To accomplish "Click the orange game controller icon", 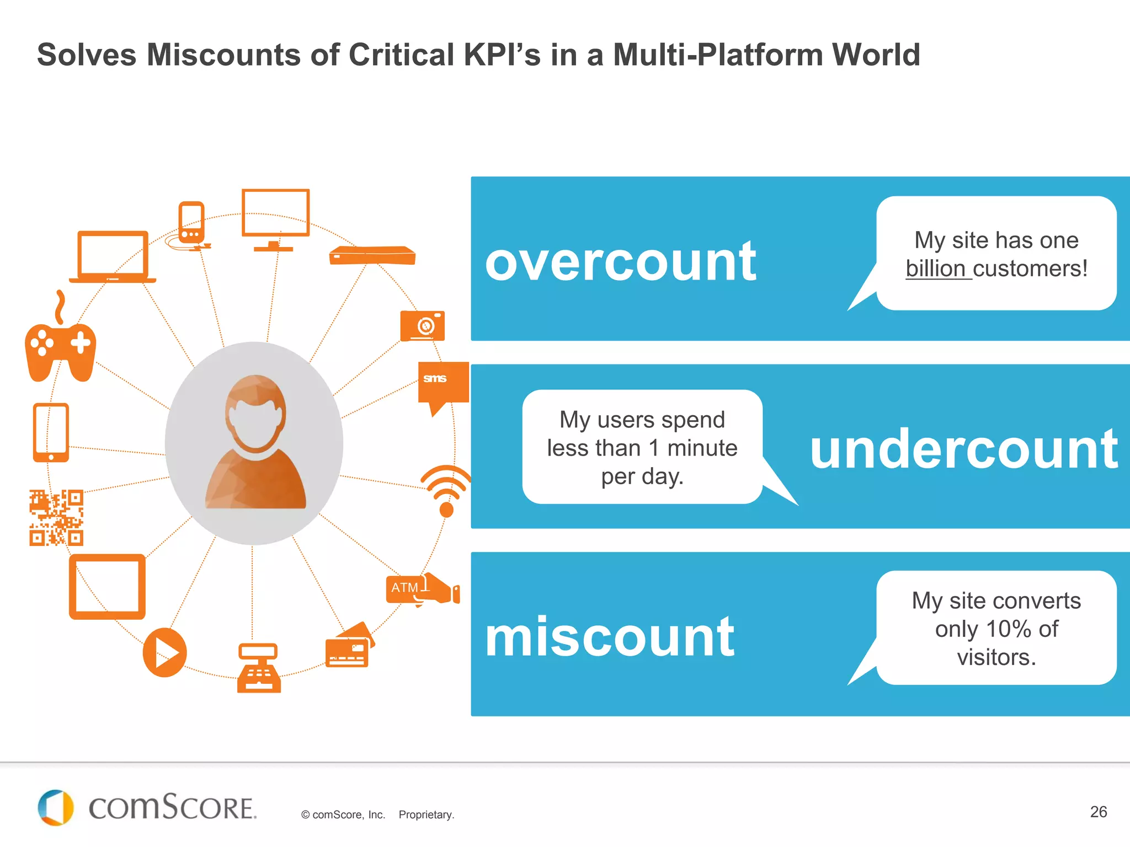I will pos(61,350).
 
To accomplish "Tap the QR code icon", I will pos(56,517).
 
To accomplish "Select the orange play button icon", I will pos(164,653).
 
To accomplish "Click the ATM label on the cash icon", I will pos(404,588).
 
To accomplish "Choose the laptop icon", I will pos(113,257).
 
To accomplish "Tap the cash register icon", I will pos(258,668).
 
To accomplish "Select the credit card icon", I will pos(349,648).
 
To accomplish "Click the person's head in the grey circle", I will pos(255,411).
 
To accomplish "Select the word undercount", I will pos(963,449).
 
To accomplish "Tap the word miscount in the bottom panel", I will pos(609,637).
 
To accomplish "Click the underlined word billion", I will pos(936,269).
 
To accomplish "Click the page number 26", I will pos(1098,812).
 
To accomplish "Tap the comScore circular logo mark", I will pos(55,808).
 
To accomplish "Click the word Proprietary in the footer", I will pos(426,814).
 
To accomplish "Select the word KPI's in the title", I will pos(502,55).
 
